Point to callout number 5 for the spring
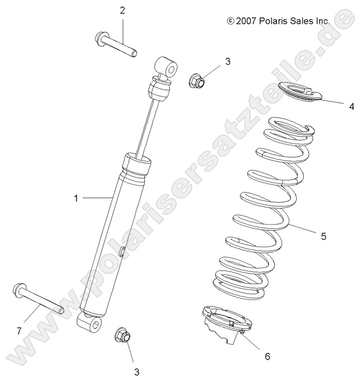pos(324,237)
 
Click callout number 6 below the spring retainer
pos(267,356)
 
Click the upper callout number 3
pos(228,62)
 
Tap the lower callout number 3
pos(136,372)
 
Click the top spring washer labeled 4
pos(296,93)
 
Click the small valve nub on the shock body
pos(120,253)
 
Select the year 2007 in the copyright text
pos(246,21)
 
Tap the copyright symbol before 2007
pos(230,21)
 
